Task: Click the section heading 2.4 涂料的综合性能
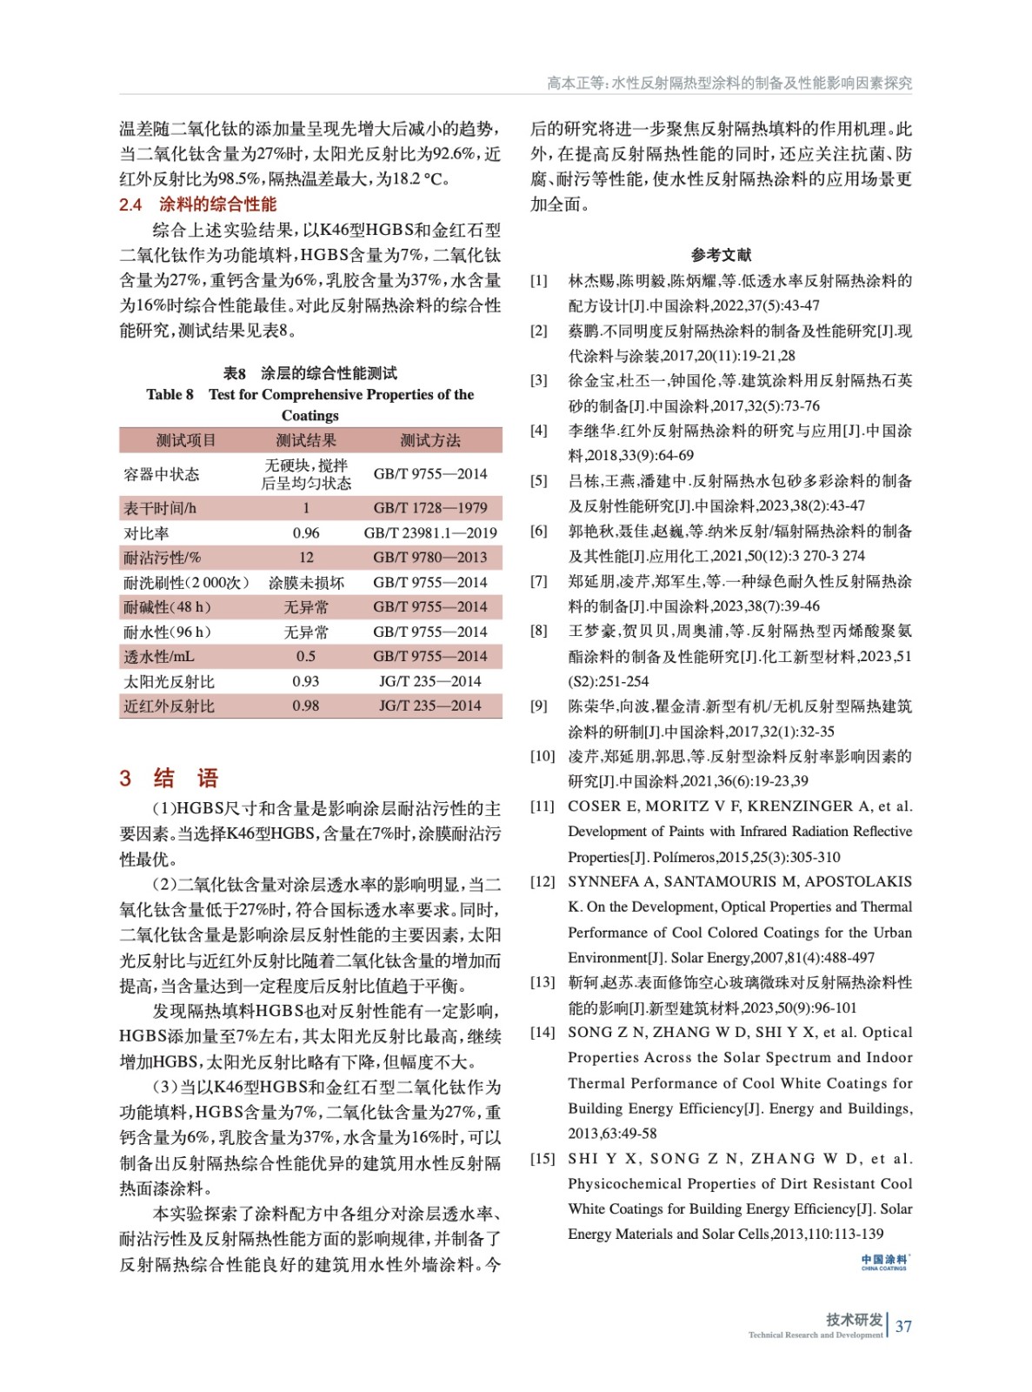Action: coord(197,204)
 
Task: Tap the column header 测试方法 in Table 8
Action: coord(429,440)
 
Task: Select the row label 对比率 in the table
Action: coord(146,532)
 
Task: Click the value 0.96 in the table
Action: coord(305,532)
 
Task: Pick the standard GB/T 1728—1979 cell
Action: coord(429,508)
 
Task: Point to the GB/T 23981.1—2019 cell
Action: coord(429,532)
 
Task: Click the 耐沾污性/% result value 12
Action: coord(306,558)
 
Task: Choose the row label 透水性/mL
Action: coord(158,657)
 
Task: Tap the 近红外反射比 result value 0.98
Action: coord(305,706)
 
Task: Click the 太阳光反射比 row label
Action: coord(169,682)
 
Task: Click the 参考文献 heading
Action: coord(721,255)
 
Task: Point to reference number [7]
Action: coord(539,581)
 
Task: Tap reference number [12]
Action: coord(543,882)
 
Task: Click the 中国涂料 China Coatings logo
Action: coord(884,1262)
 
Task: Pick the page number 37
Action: coord(903,1327)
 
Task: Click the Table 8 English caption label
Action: coord(170,394)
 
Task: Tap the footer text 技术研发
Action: coord(854,1320)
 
